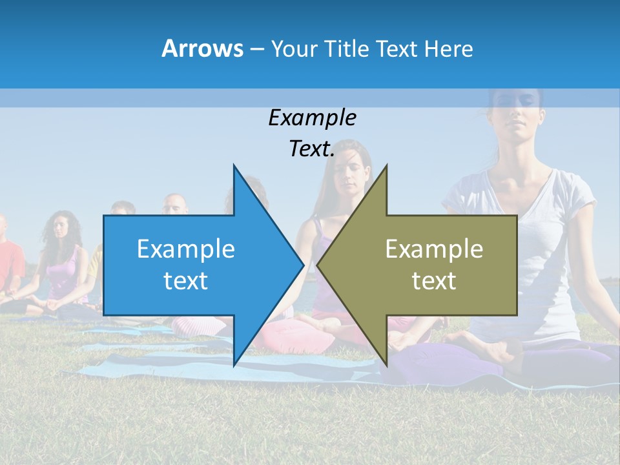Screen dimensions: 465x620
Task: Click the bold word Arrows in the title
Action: pos(202,48)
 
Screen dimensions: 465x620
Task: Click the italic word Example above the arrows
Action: pos(312,118)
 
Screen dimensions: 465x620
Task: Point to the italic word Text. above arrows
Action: pos(312,149)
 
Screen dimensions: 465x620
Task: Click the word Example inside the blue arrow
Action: pos(186,249)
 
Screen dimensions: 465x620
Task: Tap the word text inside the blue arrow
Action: pos(186,280)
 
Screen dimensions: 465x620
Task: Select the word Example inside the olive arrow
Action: pos(434,249)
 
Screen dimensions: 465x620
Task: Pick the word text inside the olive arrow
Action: pos(434,280)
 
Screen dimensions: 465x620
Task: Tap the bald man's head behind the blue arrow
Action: pos(175,204)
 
